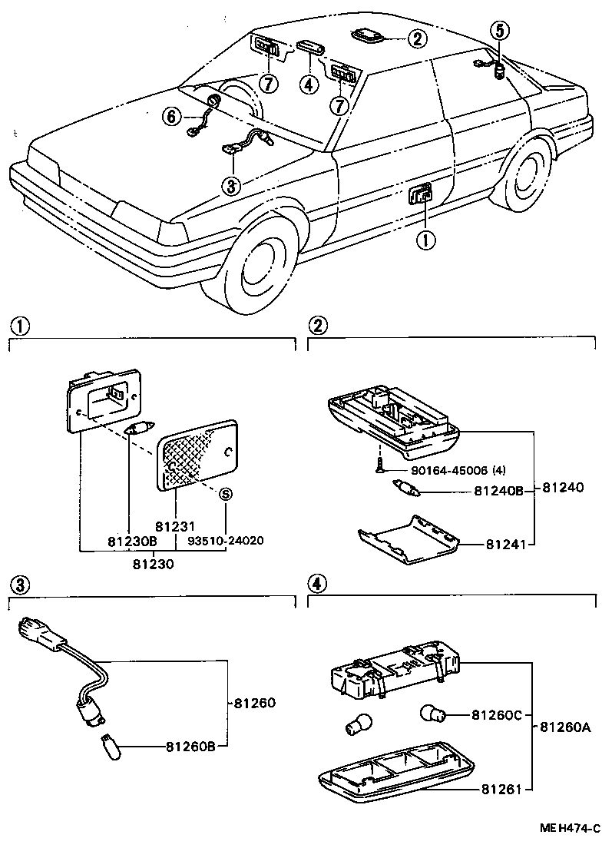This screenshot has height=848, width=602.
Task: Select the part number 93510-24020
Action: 227,540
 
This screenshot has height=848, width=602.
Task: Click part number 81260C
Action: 496,715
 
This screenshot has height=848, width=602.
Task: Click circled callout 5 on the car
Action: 499,31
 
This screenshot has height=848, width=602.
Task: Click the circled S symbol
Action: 227,495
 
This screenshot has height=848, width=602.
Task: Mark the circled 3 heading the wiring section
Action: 20,585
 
